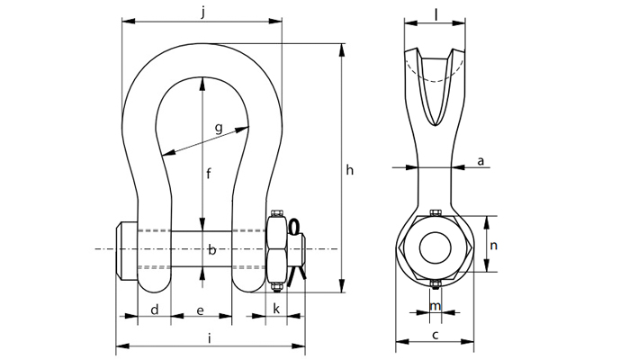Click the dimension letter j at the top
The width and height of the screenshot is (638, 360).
(204, 12)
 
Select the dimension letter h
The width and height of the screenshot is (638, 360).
(352, 169)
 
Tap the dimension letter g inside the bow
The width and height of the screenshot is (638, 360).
(218, 129)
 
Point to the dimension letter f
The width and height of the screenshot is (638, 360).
(208, 174)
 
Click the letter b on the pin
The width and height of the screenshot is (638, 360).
(211, 249)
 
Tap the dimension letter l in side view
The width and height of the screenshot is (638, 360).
(436, 13)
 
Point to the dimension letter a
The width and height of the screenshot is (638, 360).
(481, 160)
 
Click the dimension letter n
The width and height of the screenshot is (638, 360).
(494, 243)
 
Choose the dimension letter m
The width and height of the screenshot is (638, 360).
(436, 307)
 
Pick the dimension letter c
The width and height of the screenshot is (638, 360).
(435, 335)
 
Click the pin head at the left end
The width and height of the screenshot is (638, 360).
(127, 249)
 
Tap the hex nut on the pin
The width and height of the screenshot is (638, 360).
(277, 249)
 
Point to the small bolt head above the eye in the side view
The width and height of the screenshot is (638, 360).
(436, 213)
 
